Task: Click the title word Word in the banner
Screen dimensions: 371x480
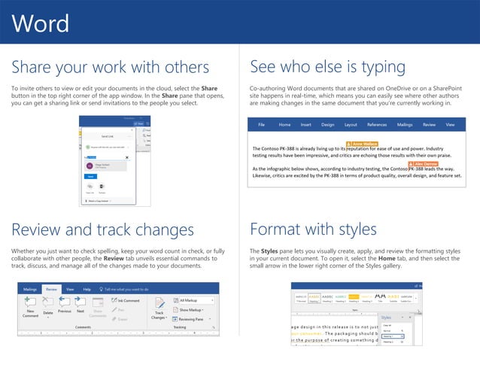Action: (41, 23)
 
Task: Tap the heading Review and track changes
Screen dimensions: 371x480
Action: (103, 228)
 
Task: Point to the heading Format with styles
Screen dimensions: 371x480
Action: (313, 228)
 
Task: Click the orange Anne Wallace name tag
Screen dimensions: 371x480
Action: (362, 142)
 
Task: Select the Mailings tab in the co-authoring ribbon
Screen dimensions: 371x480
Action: (405, 124)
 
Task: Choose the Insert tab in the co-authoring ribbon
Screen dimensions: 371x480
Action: (306, 124)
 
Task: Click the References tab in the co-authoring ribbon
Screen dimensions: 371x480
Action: (377, 124)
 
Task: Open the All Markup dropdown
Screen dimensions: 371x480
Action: (194, 300)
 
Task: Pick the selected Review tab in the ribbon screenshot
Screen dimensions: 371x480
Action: (51, 288)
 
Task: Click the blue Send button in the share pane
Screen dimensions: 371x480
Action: (90, 175)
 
